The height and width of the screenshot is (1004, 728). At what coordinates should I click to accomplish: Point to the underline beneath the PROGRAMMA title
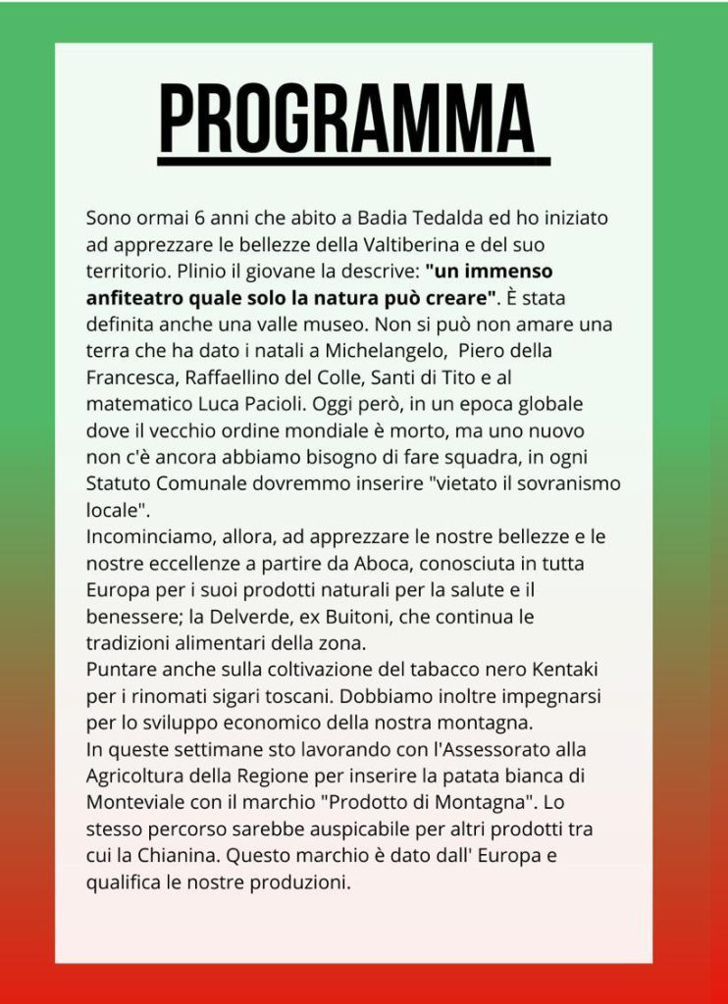tap(354, 161)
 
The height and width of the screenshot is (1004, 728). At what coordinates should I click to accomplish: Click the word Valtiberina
tap(455, 243)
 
